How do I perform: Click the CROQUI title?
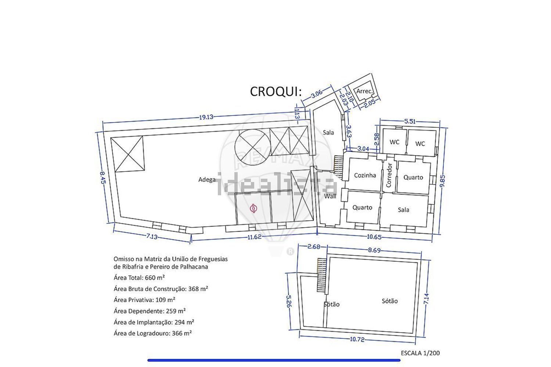click(x=275, y=91)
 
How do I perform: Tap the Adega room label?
click(x=207, y=179)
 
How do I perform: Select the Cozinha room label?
click(x=365, y=175)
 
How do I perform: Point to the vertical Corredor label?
click(x=389, y=175)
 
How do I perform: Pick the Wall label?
click(x=330, y=196)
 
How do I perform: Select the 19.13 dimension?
click(x=206, y=117)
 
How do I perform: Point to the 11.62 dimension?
click(x=254, y=237)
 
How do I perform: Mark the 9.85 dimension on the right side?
click(x=443, y=181)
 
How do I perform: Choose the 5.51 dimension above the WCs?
click(x=410, y=121)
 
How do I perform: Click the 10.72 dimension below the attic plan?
click(x=357, y=339)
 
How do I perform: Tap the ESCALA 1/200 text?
click(x=420, y=353)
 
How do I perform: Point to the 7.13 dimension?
click(x=152, y=237)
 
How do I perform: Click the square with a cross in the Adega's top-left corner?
click(x=127, y=154)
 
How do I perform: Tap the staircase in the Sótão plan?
click(x=322, y=275)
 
